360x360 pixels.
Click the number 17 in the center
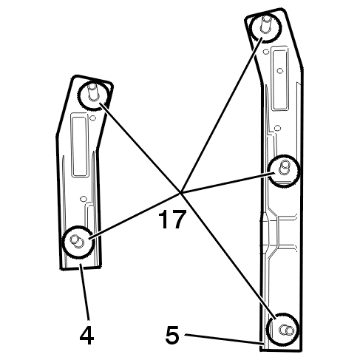(x=172, y=219)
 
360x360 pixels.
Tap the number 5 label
(x=172, y=335)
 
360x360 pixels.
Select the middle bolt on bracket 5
(x=284, y=171)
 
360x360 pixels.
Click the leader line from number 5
(x=224, y=339)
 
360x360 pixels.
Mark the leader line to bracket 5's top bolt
(x=222, y=115)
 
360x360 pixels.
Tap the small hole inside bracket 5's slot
(x=279, y=71)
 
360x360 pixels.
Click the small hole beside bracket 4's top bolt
(x=92, y=118)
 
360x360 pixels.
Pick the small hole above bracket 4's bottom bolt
(x=84, y=198)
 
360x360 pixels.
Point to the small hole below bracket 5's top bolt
(x=266, y=51)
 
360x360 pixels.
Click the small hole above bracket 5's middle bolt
(x=277, y=128)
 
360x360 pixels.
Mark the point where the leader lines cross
(x=181, y=193)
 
